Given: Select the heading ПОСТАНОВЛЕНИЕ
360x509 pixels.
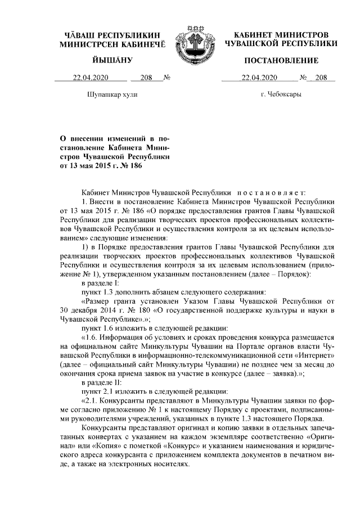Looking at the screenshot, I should click(x=281, y=60).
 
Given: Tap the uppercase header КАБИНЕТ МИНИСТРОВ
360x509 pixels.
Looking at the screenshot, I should click(x=281, y=35).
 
